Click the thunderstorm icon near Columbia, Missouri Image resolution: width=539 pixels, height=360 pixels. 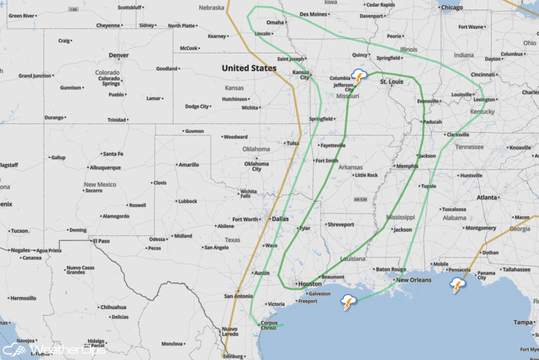359,76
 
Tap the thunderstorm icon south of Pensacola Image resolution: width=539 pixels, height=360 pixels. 457,285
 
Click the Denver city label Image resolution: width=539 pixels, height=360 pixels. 118,56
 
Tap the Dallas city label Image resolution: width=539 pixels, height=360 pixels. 281,219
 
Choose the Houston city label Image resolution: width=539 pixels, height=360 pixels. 309,284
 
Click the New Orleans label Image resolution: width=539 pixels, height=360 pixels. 414,280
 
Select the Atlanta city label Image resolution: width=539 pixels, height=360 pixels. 486,197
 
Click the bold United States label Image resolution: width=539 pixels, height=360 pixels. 248,68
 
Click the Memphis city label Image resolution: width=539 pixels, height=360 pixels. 407,167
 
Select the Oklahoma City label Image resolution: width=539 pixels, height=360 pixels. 256,167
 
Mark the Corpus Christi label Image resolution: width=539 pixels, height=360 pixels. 268,325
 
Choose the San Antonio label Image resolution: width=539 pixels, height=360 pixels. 238,296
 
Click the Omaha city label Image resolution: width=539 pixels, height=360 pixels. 275,22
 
